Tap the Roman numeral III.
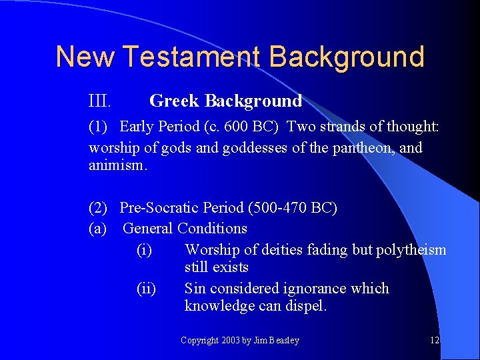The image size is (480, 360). click(x=99, y=101)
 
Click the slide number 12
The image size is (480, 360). click(x=434, y=341)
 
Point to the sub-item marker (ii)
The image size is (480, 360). click(x=146, y=289)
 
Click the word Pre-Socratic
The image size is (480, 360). click(x=158, y=208)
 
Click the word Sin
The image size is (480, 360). click(x=195, y=289)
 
